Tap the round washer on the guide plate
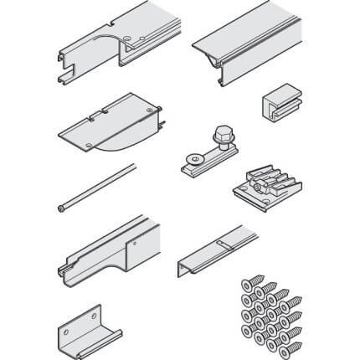(194, 155)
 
